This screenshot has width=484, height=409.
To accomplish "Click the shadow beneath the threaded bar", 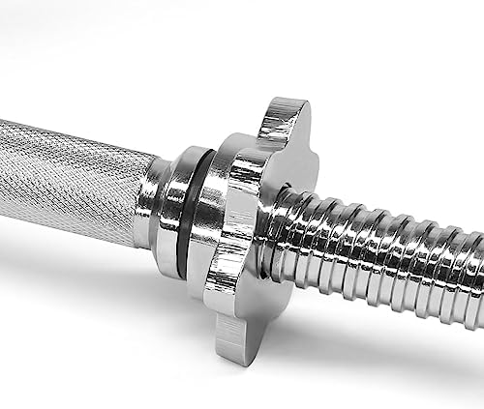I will click(387, 334).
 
